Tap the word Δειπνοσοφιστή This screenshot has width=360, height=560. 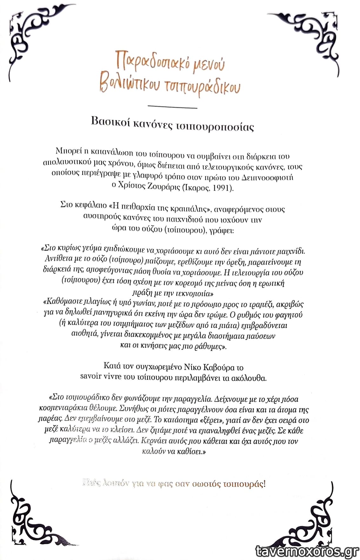click(x=267, y=177)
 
